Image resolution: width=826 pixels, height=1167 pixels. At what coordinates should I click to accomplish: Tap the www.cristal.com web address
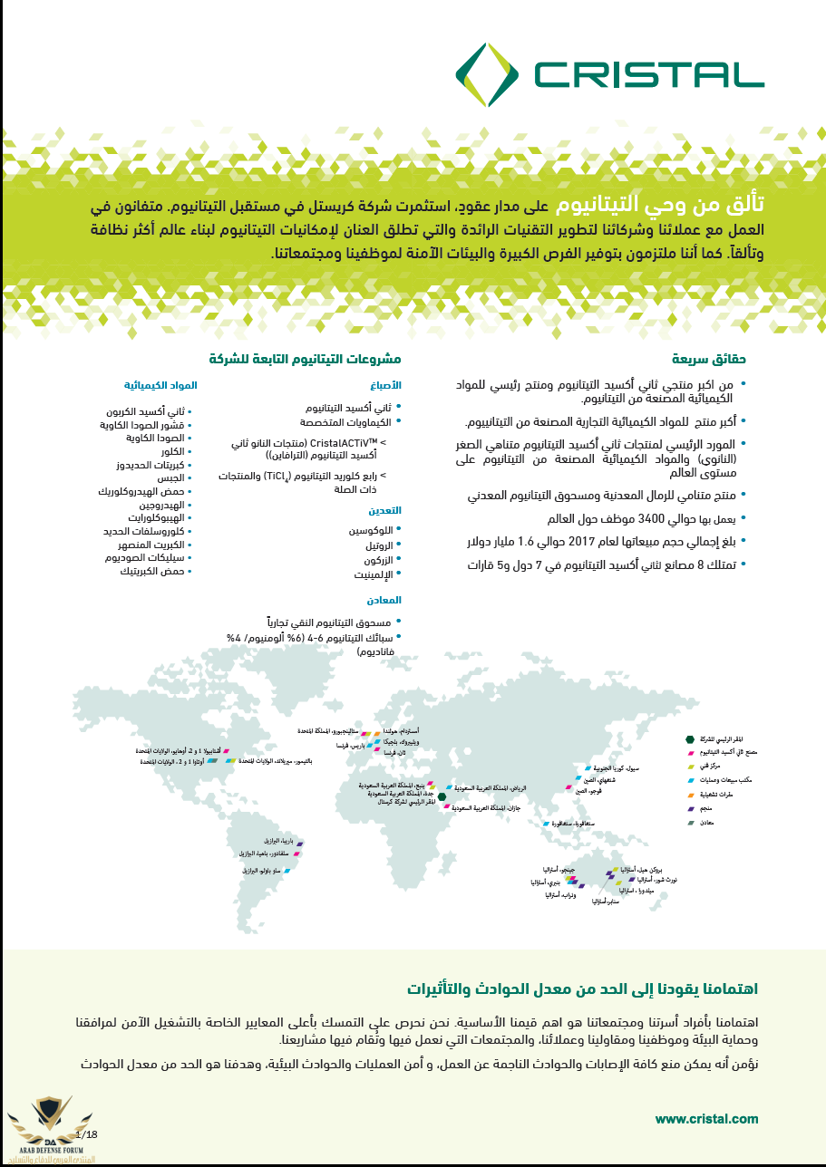706,1119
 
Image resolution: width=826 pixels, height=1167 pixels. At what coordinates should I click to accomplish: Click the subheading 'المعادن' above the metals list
384,600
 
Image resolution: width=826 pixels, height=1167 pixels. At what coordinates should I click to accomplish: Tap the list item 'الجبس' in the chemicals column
170,477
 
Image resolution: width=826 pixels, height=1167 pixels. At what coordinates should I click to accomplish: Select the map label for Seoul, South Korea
621,767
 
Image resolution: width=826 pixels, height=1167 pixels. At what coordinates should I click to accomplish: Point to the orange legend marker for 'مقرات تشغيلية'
691,794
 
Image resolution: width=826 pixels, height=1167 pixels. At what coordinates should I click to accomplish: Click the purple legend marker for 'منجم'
691,808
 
